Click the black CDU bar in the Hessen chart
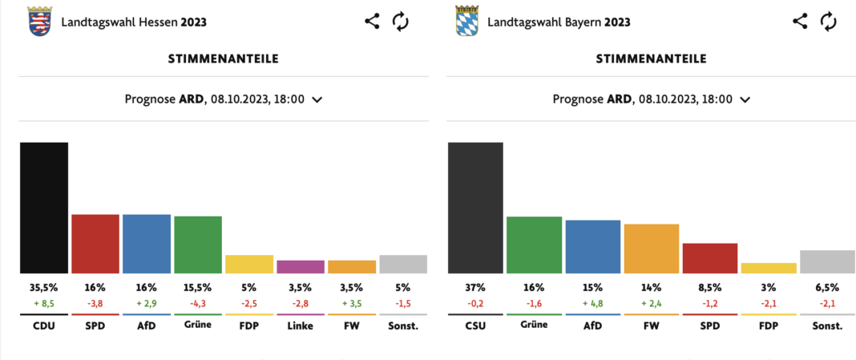[x=44, y=208]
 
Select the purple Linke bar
[x=301, y=266]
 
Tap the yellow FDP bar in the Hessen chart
[x=249, y=264]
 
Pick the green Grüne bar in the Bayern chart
[x=534, y=245]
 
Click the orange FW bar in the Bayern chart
[x=651, y=249]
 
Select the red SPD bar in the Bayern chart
[x=709, y=258]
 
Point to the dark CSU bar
[x=475, y=208]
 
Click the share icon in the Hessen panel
[x=372, y=22]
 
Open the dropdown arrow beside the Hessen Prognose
[x=317, y=99]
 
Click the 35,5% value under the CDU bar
[x=44, y=287]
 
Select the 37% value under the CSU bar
[x=475, y=287]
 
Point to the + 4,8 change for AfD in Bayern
[x=592, y=303]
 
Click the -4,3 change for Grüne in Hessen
[x=198, y=303]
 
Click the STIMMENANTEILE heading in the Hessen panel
[x=223, y=59]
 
